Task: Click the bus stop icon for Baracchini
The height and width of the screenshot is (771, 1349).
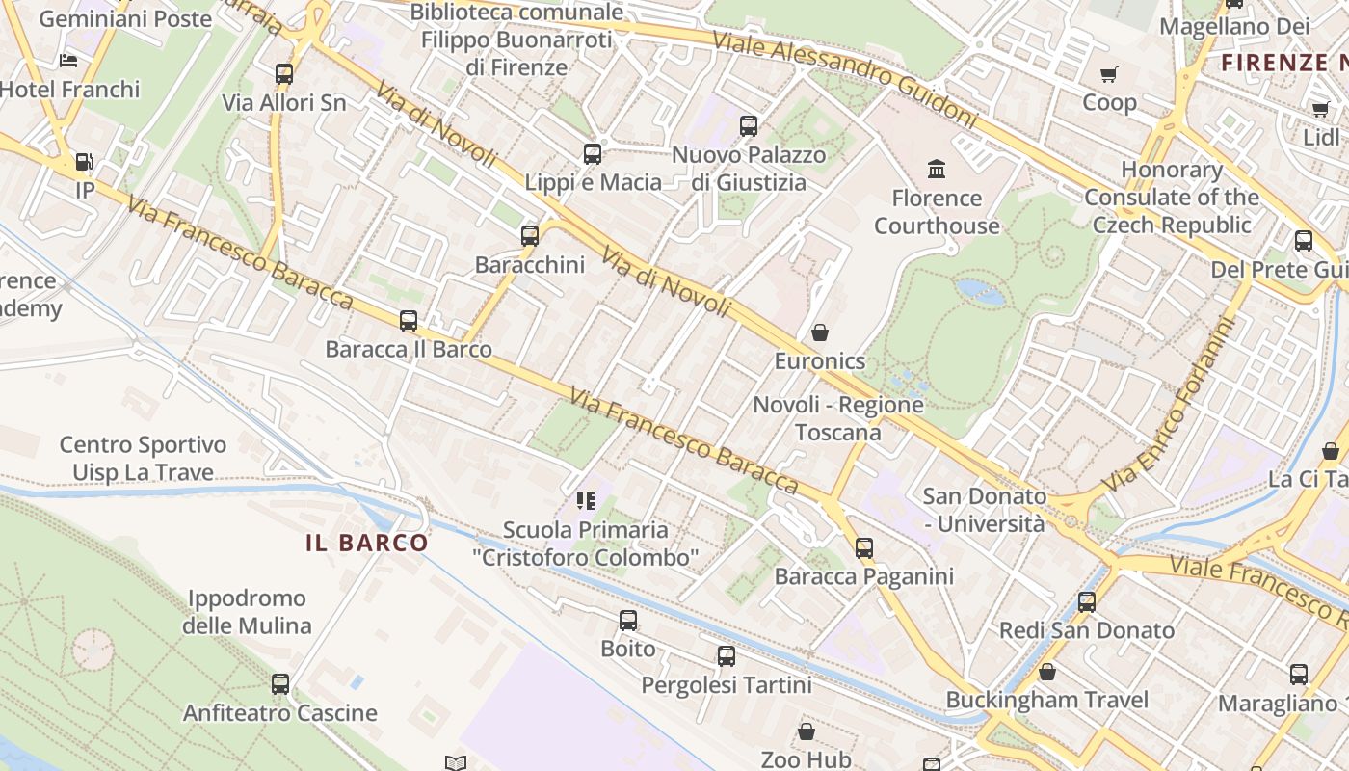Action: point(529,235)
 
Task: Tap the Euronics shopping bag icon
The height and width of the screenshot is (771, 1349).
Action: point(819,332)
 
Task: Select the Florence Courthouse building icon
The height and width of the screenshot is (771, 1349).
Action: point(936,170)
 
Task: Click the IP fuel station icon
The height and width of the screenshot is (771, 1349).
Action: point(85,162)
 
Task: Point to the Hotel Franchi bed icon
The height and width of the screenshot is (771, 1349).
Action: point(67,61)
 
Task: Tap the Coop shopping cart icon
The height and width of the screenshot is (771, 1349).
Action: point(1109,74)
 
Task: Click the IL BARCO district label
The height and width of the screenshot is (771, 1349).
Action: point(366,543)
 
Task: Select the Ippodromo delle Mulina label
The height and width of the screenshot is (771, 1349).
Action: point(247,612)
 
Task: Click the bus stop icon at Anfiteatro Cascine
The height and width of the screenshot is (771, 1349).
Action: point(279,684)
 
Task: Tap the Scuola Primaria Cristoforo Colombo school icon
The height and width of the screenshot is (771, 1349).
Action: point(585,500)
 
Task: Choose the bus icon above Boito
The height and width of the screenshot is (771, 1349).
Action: point(628,621)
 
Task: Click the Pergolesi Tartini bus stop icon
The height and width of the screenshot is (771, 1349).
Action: point(727,656)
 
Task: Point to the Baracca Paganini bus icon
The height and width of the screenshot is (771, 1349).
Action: point(864,548)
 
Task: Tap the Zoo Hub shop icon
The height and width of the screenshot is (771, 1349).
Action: point(806,731)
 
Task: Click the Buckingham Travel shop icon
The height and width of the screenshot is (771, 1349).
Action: point(1046,672)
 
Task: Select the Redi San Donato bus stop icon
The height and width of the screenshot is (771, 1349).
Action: point(1087,602)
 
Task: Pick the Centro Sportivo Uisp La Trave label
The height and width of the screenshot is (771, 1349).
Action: point(143,459)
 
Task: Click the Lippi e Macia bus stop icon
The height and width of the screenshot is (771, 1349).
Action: point(593,154)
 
